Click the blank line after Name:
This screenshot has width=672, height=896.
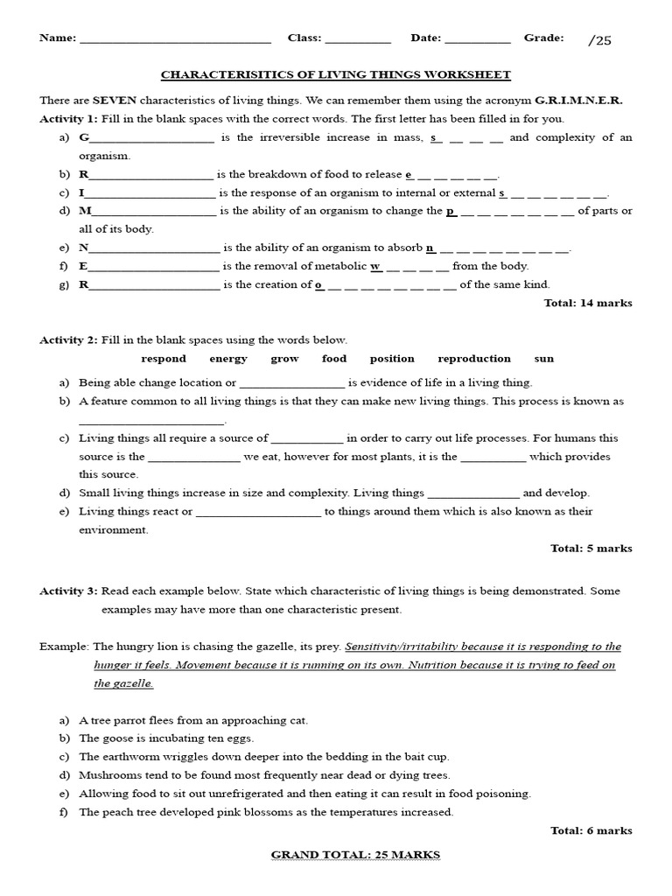[175, 40]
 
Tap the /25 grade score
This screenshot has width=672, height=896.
[600, 40]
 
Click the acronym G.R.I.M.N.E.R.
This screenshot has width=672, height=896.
[578, 101]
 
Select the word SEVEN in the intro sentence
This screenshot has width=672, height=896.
[115, 101]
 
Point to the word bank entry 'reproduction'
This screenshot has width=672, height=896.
[474, 359]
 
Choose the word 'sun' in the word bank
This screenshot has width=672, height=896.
[544, 359]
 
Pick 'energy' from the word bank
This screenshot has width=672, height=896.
[228, 359]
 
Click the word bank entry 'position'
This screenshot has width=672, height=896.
[392, 359]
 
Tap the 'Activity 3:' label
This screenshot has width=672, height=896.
[68, 591]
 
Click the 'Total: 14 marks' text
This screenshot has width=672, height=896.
[588, 304]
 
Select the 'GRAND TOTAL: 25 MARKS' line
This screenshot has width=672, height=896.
[355, 855]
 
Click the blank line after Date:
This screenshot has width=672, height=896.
[477, 40]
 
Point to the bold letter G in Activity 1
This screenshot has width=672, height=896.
[84, 138]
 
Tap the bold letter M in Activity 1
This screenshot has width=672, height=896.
[85, 211]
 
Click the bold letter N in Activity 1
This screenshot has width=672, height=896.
[84, 248]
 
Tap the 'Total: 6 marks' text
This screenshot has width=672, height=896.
[591, 831]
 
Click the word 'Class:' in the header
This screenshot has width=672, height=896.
[305, 38]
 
